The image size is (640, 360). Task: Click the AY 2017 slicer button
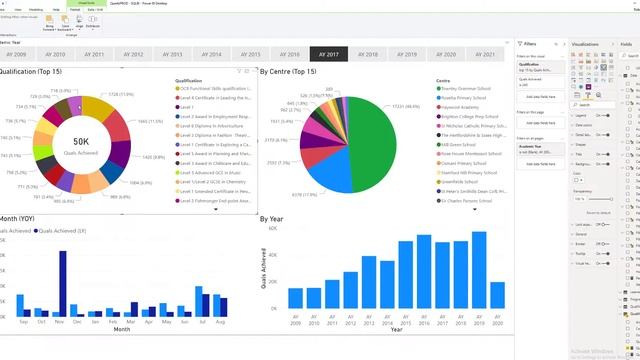(x=330, y=54)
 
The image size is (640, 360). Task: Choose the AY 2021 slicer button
(x=485, y=54)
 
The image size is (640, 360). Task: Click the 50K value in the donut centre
(x=82, y=142)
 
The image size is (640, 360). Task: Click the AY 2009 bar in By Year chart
(x=296, y=298)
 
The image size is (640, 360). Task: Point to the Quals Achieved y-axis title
(x=265, y=272)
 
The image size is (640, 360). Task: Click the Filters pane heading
(x=530, y=45)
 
